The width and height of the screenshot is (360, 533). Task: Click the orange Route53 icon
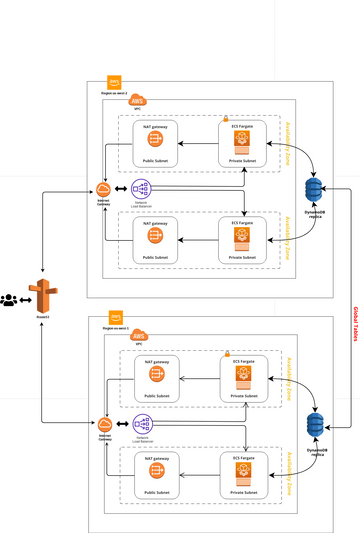click(41, 296)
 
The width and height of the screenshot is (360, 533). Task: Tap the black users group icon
click(9, 298)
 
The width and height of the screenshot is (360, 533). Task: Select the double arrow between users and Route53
click(23, 298)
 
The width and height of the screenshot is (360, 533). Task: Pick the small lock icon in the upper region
click(226, 118)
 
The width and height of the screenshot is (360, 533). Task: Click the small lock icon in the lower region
click(226, 353)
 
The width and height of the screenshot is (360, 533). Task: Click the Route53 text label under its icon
click(41, 318)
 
